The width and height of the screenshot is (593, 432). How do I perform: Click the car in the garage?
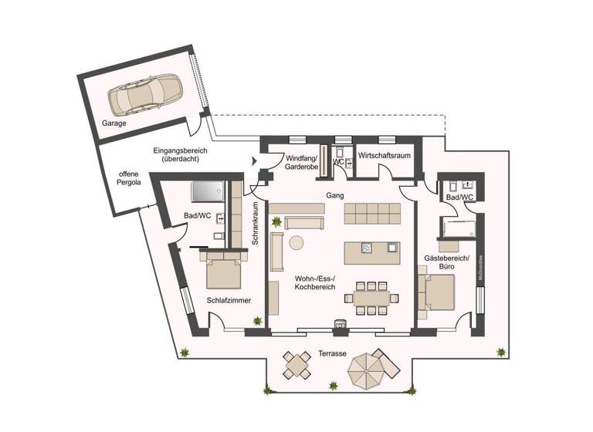coord(142,95)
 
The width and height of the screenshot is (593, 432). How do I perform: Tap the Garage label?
coord(114,123)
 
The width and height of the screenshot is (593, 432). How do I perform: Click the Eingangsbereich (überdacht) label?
coord(178,154)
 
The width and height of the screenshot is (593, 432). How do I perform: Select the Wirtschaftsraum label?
coord(384,156)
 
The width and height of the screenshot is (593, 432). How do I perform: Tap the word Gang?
coord(334,196)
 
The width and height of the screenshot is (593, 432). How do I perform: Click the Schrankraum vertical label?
coord(255,224)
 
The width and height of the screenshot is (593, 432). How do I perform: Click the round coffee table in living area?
coord(296,243)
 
